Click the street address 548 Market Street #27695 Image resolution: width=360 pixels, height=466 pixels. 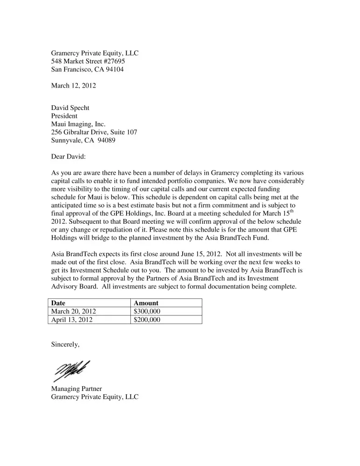[88, 61]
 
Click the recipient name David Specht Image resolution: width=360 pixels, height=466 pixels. [70, 108]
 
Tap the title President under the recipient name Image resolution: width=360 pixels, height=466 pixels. [64, 116]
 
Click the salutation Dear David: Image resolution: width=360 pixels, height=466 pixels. [68, 157]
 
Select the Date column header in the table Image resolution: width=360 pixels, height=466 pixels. [58, 303]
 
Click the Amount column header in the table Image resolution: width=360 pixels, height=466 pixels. [146, 303]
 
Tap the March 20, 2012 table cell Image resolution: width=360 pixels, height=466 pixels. [75, 311]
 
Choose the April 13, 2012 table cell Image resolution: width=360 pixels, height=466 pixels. [72, 320]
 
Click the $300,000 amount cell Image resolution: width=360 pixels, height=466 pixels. [147, 311]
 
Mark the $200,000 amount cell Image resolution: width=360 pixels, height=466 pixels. [147, 320]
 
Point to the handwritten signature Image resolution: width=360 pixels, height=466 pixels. [72, 370]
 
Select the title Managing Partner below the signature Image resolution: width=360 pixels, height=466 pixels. [76, 388]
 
